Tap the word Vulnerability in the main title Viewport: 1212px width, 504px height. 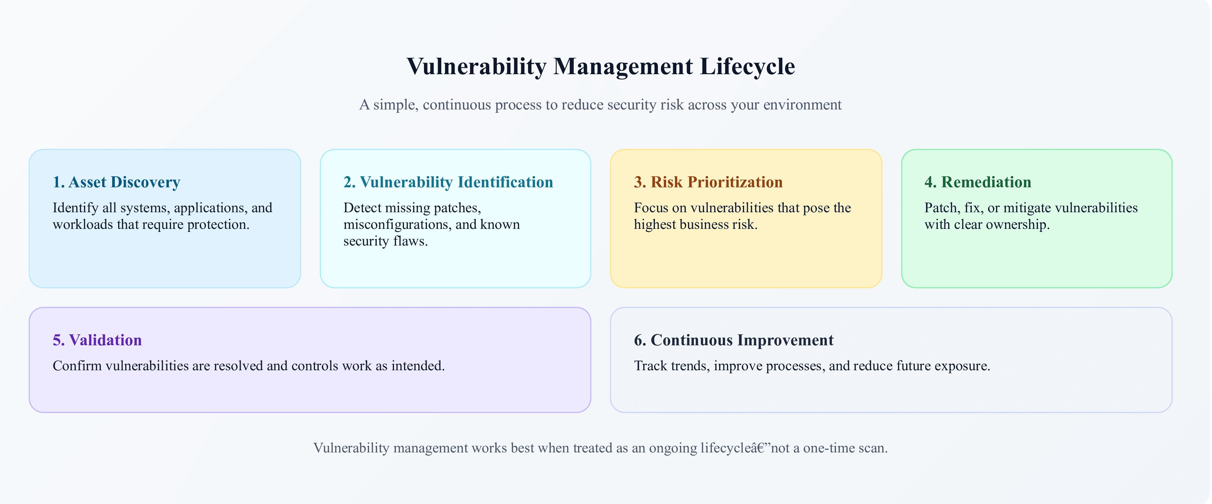477,66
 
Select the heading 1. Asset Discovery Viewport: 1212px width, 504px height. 116,182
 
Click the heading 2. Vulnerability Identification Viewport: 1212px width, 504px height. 448,182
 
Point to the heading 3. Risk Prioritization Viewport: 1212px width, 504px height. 708,182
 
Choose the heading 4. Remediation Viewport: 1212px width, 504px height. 978,182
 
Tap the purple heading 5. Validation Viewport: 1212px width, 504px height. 97,340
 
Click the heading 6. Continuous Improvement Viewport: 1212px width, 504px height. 733,340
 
